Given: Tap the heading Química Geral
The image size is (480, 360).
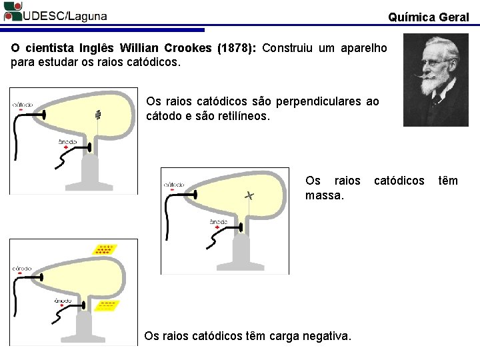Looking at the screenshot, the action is [428, 17].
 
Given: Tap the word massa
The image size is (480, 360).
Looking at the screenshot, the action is [325, 195].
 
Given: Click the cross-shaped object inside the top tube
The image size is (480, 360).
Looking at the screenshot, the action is [98, 115].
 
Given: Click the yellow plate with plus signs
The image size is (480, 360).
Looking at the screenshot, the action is [104, 250].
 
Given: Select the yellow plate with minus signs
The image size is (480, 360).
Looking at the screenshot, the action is [107, 305].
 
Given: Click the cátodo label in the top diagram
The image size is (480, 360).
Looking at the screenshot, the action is [23, 104].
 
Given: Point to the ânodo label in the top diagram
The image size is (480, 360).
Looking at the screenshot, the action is [68, 141].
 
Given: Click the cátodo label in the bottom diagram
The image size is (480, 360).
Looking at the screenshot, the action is [22, 268].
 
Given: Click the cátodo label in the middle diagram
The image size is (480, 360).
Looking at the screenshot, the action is [174, 184].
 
